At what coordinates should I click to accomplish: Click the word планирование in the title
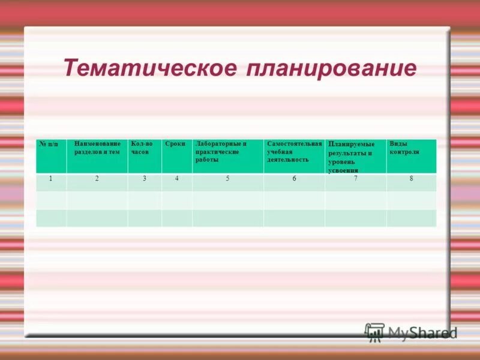pyautogui.click(x=331, y=68)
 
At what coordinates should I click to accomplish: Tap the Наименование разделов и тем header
pyautogui.click(x=97, y=148)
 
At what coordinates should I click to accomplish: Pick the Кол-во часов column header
pyautogui.click(x=142, y=148)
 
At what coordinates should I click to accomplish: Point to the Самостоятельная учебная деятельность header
pyautogui.click(x=294, y=152)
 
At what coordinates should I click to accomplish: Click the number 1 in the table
pyautogui.click(x=51, y=179)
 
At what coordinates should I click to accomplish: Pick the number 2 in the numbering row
pyautogui.click(x=97, y=179)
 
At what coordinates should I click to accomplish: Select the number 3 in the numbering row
pyautogui.click(x=145, y=179)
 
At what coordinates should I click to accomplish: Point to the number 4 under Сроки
pyautogui.click(x=176, y=179)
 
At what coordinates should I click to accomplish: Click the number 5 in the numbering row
pyautogui.click(x=227, y=179)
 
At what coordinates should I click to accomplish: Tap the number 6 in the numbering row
pyautogui.click(x=294, y=179)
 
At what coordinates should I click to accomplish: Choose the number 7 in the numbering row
pyautogui.click(x=355, y=179)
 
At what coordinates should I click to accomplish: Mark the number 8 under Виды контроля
pyautogui.click(x=411, y=179)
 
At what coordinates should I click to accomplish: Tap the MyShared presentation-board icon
pyautogui.click(x=374, y=332)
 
